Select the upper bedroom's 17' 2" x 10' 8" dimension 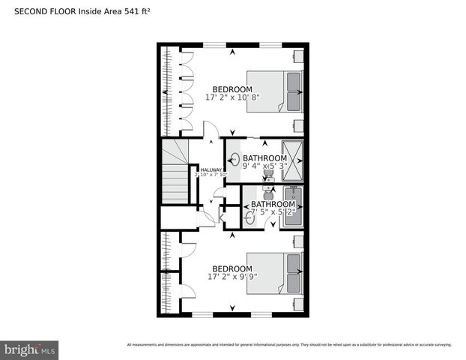tap(233, 97)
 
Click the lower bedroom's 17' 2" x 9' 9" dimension tap(232, 277)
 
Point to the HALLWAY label tap(211, 170)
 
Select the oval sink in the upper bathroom tap(235, 158)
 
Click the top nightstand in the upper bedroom tap(298, 56)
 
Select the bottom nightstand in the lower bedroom tap(298, 304)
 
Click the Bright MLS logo tap(30, 349)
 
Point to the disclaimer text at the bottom tap(289, 345)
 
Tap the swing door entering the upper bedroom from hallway tap(213, 132)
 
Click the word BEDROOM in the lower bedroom tap(232, 268)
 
